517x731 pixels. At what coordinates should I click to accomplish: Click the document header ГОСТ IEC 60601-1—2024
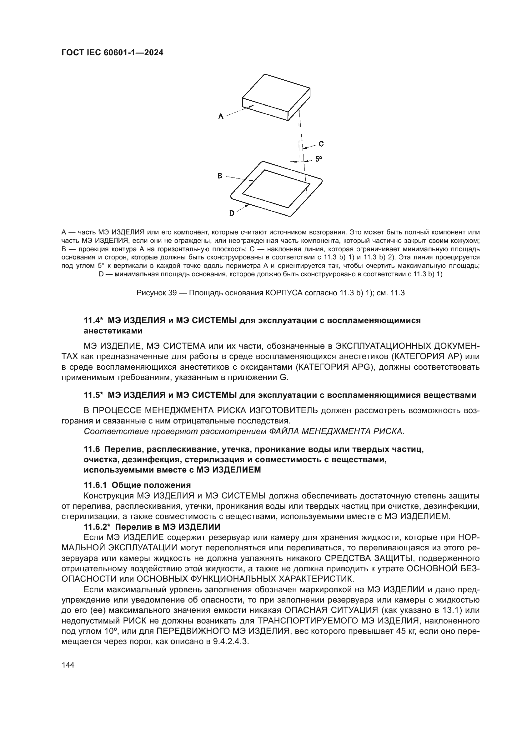(113, 53)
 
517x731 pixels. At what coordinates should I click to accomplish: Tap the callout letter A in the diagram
(221, 117)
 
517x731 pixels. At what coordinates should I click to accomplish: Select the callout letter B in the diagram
(220, 176)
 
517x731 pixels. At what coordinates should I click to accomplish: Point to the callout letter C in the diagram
(321, 144)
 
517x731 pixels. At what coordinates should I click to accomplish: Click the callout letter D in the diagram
(232, 213)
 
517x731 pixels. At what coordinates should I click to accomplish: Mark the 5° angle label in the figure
(318, 158)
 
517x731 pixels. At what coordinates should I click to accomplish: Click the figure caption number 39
(172, 293)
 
